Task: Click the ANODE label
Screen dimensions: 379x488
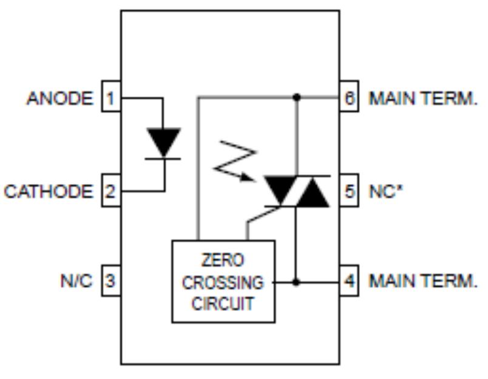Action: click(59, 98)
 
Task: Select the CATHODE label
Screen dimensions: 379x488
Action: click(49, 192)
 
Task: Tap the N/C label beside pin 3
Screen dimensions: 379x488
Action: click(76, 282)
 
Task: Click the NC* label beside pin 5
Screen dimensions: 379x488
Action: click(384, 192)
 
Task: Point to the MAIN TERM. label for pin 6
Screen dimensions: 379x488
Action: click(423, 98)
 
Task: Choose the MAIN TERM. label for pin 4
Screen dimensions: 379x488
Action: click(423, 282)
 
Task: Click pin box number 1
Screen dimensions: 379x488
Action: click(110, 98)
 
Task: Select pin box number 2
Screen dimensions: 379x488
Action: click(110, 192)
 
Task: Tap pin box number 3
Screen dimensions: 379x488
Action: click(110, 282)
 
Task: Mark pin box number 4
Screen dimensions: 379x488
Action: click(348, 282)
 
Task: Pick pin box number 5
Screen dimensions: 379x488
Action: click(348, 192)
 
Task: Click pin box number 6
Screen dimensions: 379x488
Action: click(348, 98)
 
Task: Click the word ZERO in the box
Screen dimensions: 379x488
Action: click(223, 261)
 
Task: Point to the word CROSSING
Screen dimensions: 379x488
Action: click(223, 282)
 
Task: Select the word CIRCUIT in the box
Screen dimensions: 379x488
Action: click(223, 304)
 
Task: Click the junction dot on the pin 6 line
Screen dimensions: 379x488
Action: click(296, 97)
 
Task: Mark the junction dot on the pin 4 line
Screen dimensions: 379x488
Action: click(296, 282)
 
